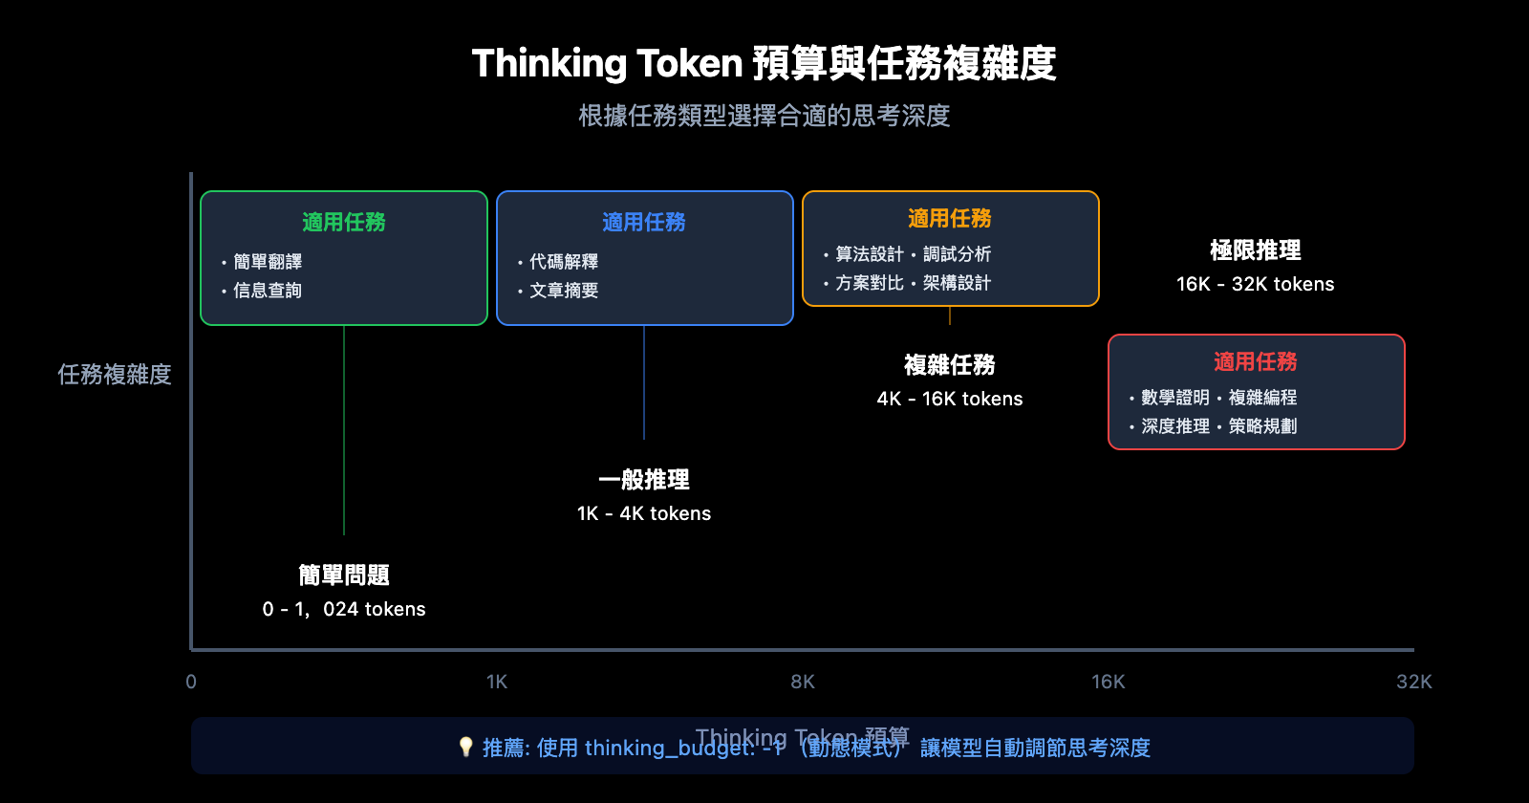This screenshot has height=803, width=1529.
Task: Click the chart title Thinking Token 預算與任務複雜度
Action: point(764,64)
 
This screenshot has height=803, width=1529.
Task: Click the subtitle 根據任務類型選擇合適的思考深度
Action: point(764,116)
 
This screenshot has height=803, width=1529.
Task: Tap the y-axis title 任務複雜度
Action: point(115,374)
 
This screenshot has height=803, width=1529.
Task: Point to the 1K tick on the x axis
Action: point(497,682)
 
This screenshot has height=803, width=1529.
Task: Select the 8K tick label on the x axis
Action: point(803,682)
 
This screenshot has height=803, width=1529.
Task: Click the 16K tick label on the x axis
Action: point(1109,682)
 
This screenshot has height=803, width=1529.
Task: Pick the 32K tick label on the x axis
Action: point(1413,682)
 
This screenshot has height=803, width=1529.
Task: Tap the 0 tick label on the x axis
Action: point(191,682)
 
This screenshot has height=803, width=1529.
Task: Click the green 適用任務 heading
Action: point(344,222)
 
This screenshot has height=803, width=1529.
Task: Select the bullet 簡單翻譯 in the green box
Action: point(268,262)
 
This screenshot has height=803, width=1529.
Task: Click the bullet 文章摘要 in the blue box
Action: point(564,291)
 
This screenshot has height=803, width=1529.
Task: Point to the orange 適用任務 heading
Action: point(950,219)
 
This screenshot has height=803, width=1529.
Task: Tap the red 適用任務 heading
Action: point(1256,362)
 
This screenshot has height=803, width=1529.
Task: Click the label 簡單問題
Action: point(344,575)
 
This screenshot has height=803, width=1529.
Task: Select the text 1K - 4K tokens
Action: point(644,513)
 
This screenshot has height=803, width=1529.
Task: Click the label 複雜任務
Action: point(950,365)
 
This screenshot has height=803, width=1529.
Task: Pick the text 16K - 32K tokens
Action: point(1256,284)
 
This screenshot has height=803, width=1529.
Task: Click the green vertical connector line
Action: point(344,430)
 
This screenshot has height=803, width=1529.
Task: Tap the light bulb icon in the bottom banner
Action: point(465,747)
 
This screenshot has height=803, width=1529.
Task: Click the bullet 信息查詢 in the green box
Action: point(268,291)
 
